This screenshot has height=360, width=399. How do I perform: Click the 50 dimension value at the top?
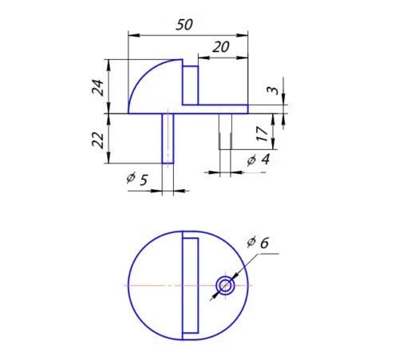coord(184,25)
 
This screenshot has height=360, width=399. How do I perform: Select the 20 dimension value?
coord(220,48)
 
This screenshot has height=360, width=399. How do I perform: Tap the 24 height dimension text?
coord(98,86)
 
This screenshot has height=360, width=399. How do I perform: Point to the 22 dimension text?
coord(98,139)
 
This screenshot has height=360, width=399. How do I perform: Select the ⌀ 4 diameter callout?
coord(258,160)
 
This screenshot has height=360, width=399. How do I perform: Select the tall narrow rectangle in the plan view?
coord(190,285)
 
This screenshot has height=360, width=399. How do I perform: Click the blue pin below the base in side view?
coord(168,138)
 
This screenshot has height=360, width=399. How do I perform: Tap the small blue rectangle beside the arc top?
coord(191,85)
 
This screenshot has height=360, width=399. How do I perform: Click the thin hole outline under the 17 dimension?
coord(226,131)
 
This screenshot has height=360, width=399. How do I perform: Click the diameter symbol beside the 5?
coord(131,180)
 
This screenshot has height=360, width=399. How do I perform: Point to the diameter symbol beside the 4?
coord(251,161)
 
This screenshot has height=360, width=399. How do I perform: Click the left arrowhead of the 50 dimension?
coord(133,35)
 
